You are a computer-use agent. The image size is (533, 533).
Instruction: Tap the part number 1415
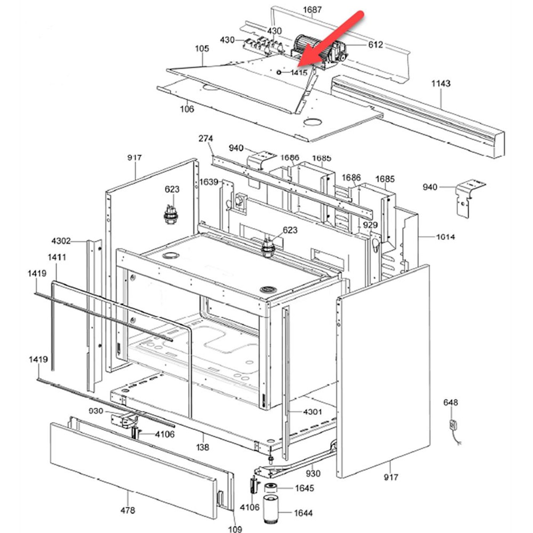tap(299, 73)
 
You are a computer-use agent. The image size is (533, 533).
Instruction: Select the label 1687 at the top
tap(312, 10)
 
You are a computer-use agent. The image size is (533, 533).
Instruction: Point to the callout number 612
tap(375, 45)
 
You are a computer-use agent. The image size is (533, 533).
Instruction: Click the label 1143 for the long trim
tap(440, 83)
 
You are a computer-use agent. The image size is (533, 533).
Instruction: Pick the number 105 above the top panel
tap(202, 49)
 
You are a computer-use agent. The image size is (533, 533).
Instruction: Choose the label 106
tap(187, 109)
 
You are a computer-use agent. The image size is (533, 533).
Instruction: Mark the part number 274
tap(206, 139)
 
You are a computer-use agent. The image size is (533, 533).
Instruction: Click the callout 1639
tap(209, 182)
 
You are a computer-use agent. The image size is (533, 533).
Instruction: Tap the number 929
tap(370, 225)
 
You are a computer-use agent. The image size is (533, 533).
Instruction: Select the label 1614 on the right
tap(445, 237)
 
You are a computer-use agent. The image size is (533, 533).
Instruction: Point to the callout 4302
tap(61, 241)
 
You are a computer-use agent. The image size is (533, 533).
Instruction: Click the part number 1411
tap(57, 257)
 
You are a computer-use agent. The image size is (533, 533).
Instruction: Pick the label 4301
tap(313, 412)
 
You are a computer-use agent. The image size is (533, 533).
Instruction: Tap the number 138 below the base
tap(203, 447)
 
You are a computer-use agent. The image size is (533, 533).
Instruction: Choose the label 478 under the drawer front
tap(128, 510)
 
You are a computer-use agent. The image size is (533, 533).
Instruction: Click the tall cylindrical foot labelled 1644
tap(271, 509)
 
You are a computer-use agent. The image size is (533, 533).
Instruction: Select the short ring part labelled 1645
tap(271, 487)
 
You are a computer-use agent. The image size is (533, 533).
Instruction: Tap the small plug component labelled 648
tap(453, 424)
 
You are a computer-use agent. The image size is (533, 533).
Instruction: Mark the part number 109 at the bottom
tap(235, 528)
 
